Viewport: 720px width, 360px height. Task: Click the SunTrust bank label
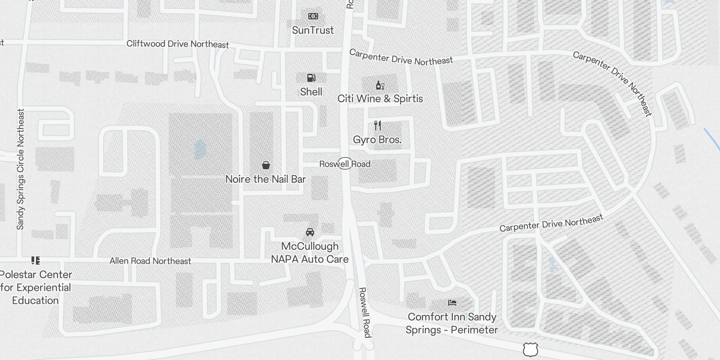point(313,31)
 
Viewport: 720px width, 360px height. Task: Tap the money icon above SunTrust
point(313,17)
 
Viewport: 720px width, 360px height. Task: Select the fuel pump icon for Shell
point(311,78)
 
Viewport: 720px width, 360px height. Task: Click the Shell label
point(311,92)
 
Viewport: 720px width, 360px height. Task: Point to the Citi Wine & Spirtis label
point(380,99)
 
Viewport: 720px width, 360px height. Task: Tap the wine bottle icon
point(380,85)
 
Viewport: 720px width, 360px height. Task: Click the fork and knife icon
point(378,126)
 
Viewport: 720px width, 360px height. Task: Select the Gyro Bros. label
point(377,140)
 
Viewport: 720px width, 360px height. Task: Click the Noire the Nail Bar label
point(265,179)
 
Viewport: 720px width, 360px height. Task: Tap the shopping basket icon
point(266,165)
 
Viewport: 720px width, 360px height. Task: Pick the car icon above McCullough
point(310,232)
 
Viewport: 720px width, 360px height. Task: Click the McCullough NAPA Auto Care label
point(310,252)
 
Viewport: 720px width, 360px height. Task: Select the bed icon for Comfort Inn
point(452,303)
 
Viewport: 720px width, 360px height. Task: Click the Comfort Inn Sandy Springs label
point(452,323)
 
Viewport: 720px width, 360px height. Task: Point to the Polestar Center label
point(36,287)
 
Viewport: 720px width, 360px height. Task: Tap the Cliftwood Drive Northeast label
point(177,44)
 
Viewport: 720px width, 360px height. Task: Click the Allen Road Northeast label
point(150,261)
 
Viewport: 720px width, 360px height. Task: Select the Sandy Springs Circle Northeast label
point(20,169)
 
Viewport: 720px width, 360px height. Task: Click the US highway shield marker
point(531,349)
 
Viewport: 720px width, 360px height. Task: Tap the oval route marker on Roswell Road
point(345,163)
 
